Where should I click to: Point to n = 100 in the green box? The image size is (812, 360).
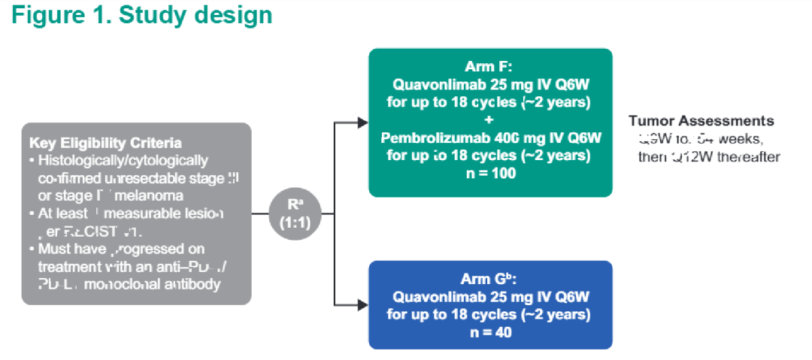point(490,173)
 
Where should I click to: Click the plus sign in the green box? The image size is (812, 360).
point(490,120)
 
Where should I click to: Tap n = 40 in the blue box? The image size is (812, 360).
point(490,331)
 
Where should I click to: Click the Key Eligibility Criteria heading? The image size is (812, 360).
point(105,143)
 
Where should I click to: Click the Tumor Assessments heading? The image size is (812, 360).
point(701,121)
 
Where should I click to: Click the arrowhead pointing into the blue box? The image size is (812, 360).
point(363,305)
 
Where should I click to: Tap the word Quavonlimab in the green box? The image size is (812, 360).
point(438,84)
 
